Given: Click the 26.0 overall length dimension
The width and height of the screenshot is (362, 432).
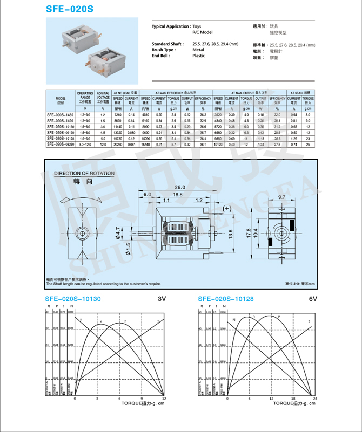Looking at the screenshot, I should (179, 187).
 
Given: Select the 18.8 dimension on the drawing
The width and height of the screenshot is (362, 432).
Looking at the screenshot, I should (177, 194).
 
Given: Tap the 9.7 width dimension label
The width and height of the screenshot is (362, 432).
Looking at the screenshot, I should (281, 198).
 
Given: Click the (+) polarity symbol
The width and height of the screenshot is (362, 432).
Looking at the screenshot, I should (226, 208).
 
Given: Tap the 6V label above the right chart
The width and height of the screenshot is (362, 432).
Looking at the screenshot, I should (313, 299).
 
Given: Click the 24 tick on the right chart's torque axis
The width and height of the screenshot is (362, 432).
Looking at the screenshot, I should (315, 398).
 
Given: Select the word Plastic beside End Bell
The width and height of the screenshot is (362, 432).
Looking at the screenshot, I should (199, 56).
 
